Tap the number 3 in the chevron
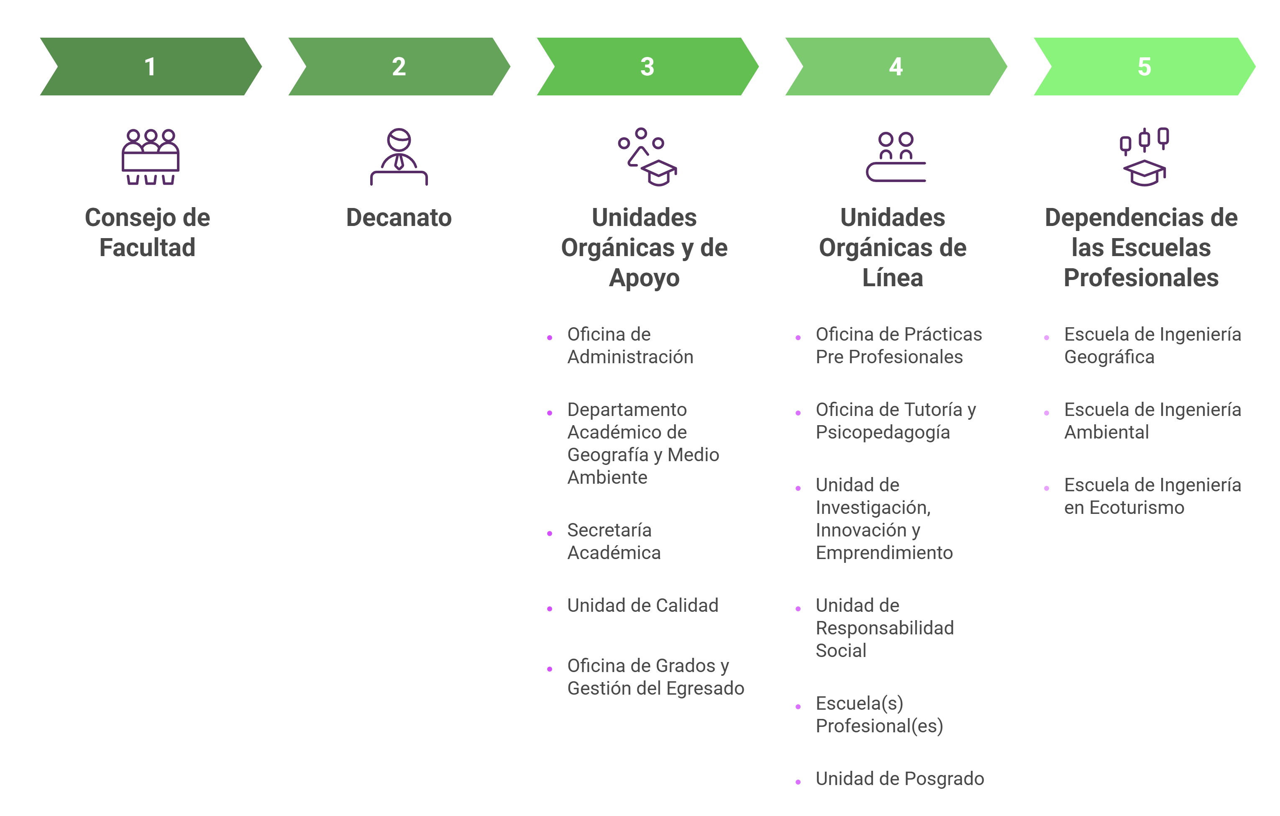[647, 67]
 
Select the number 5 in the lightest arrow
[1144, 67]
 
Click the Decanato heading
[399, 218]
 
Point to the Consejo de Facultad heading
[147, 232]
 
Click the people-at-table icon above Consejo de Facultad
[151, 157]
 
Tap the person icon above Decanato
[399, 157]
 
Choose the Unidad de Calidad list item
[642, 606]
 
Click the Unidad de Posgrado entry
[899, 779]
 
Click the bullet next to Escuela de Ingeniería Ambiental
[1046, 413]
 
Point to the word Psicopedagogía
[882, 433]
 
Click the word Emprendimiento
[884, 553]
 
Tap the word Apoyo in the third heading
[644, 278]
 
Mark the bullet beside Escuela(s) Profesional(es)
[798, 706]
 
